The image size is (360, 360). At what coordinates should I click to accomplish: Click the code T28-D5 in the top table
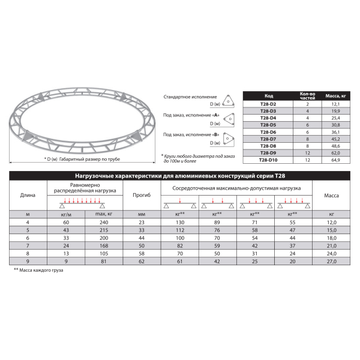[x=268, y=125]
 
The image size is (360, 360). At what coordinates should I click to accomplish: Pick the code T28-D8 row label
[x=268, y=146]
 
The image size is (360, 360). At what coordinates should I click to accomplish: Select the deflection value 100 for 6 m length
[x=142, y=238]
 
